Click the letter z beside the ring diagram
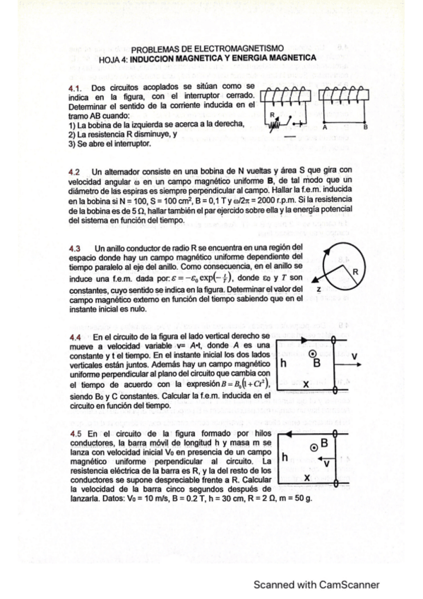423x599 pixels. tap(319, 290)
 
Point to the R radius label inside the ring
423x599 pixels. tap(356, 271)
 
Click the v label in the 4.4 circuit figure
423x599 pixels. tap(354, 355)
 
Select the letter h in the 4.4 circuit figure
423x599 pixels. tap(283, 364)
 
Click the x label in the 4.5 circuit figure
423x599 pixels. tap(306, 477)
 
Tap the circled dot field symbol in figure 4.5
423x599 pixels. tap(314, 446)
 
